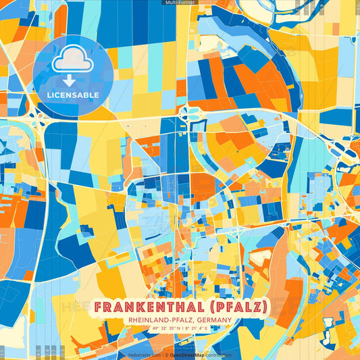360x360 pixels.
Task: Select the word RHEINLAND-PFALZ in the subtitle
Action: click(159, 319)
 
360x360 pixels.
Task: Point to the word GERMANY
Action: click(213, 319)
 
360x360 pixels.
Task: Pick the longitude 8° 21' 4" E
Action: click(201, 328)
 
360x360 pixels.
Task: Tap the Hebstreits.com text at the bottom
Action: click(143, 354)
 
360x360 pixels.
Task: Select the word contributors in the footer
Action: click(218, 354)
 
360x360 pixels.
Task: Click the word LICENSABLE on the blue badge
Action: click(73, 95)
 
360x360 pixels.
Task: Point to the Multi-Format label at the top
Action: click(180, 3)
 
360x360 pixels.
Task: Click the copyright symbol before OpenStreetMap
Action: click(167, 354)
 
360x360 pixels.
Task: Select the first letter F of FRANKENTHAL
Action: click(99, 307)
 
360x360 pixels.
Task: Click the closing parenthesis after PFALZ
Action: click(265, 307)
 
